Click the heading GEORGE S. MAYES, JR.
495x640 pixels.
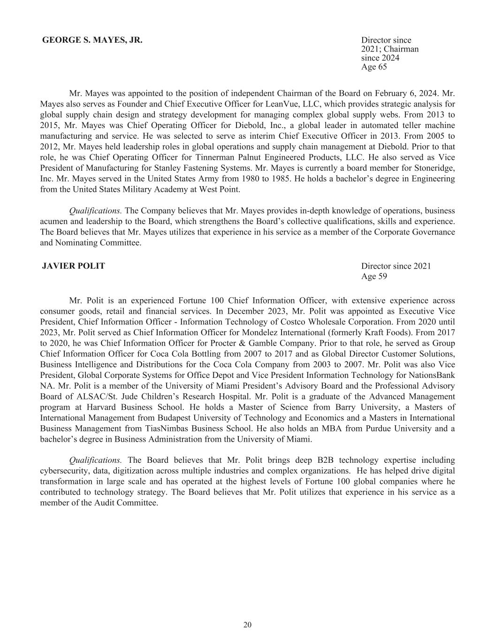92,40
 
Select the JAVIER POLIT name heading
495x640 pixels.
74,266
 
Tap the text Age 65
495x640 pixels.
374,67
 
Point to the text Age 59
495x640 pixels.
374,276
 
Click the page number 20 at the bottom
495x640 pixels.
247,625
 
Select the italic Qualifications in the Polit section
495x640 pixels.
95,460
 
